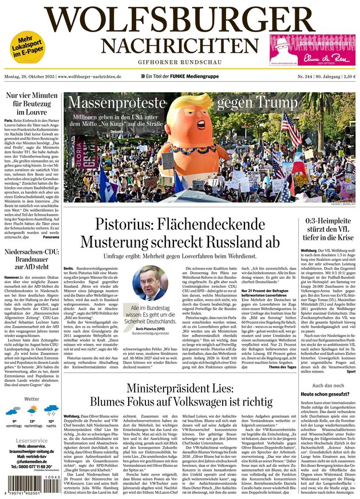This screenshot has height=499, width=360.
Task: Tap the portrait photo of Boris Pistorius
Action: pyautogui.click(x=149, y=283)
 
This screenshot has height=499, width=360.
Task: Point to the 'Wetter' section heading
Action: pyautogui.click(x=32, y=399)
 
